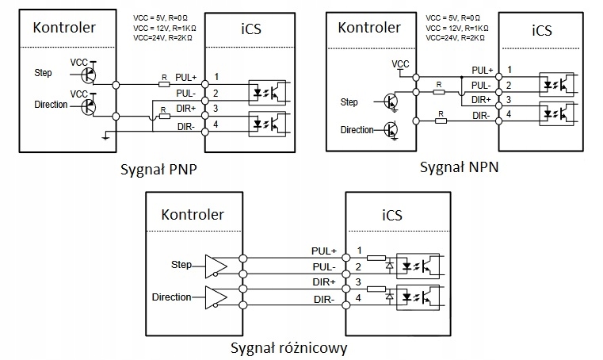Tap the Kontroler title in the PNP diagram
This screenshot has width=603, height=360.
(x=63, y=28)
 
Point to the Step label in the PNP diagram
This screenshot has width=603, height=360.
(x=44, y=73)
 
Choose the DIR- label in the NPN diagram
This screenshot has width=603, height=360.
(x=480, y=115)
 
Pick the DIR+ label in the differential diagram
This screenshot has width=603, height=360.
(x=323, y=281)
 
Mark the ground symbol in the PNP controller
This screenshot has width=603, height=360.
(x=105, y=136)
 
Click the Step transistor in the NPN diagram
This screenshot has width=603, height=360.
(x=391, y=101)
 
